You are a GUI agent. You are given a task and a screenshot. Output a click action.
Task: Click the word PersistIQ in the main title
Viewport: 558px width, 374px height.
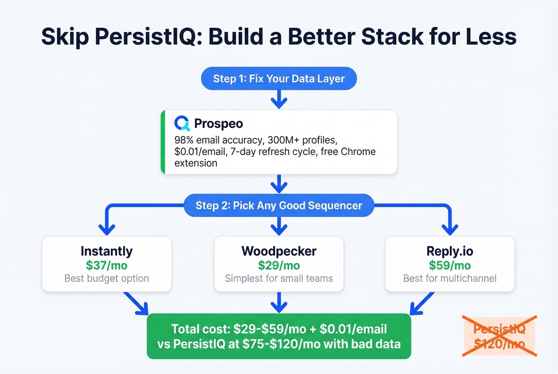pyautogui.click(x=146, y=37)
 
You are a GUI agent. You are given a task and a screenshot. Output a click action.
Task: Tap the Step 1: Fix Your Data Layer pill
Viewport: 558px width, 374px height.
pyautogui.click(x=279, y=78)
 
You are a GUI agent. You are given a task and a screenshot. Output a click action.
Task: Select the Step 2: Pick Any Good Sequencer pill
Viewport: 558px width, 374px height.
pyautogui.click(x=279, y=206)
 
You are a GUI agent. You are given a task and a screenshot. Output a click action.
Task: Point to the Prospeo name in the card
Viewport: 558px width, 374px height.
pyautogui.click(x=218, y=124)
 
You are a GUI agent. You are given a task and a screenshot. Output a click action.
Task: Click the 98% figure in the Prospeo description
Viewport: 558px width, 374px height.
pyautogui.click(x=184, y=140)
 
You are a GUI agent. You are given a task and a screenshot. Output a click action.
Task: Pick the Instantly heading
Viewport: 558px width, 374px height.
pyautogui.click(x=106, y=251)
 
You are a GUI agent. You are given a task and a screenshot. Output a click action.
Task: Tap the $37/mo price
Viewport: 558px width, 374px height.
pyautogui.click(x=106, y=265)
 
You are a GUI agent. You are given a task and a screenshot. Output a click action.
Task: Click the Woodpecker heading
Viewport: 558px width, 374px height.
pyautogui.click(x=279, y=251)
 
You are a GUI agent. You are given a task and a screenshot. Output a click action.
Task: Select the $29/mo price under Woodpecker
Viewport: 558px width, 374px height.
pyautogui.click(x=279, y=265)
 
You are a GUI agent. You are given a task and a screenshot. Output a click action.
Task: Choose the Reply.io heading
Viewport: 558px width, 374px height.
pyautogui.click(x=450, y=251)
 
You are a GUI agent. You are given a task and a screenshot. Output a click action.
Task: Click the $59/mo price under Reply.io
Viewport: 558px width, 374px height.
pyautogui.click(x=450, y=265)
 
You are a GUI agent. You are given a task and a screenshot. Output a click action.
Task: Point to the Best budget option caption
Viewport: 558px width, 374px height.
pyautogui.click(x=106, y=278)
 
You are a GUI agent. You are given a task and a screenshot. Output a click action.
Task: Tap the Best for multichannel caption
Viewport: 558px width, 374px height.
pyautogui.click(x=450, y=278)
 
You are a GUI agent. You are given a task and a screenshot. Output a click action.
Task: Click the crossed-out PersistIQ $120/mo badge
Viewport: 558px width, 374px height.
pyautogui.click(x=499, y=336)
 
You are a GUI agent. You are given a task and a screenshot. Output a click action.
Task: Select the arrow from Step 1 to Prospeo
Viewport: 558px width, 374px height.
pyautogui.click(x=279, y=100)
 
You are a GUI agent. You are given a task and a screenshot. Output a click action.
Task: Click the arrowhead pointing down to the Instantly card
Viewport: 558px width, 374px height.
pyautogui.click(x=107, y=229)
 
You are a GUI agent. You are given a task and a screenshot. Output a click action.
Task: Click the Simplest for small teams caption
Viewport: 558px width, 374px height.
pyautogui.click(x=279, y=278)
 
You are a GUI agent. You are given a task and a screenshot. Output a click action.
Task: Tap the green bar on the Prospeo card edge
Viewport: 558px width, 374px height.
pyautogui.click(x=163, y=142)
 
